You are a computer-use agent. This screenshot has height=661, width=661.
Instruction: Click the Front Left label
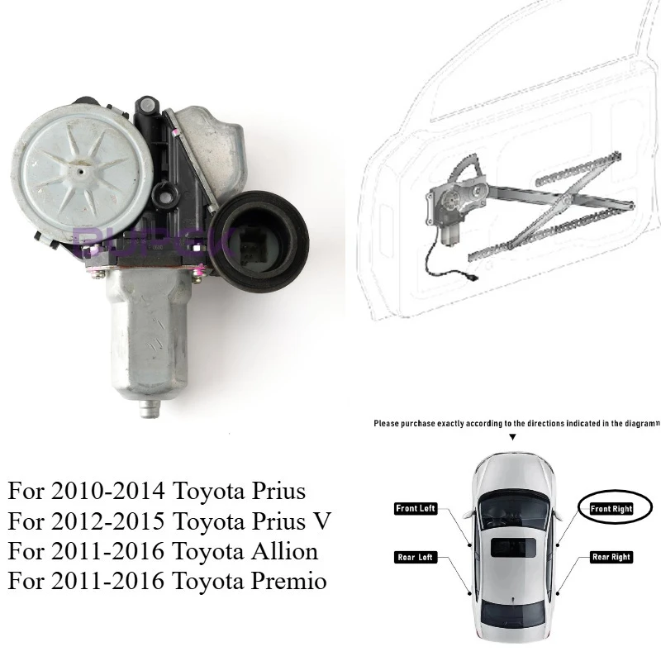[x=416, y=509]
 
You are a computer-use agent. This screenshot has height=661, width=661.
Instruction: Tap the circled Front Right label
[x=612, y=509]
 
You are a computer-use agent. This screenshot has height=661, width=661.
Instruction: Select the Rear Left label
[x=416, y=557]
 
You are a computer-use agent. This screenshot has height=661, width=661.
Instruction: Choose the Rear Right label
[x=612, y=557]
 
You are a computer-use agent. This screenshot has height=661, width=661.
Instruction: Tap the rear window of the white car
[x=512, y=615]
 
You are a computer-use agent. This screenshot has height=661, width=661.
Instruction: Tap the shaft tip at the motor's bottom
[x=150, y=407]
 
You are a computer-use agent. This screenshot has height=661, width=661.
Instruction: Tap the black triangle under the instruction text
[x=512, y=436]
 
